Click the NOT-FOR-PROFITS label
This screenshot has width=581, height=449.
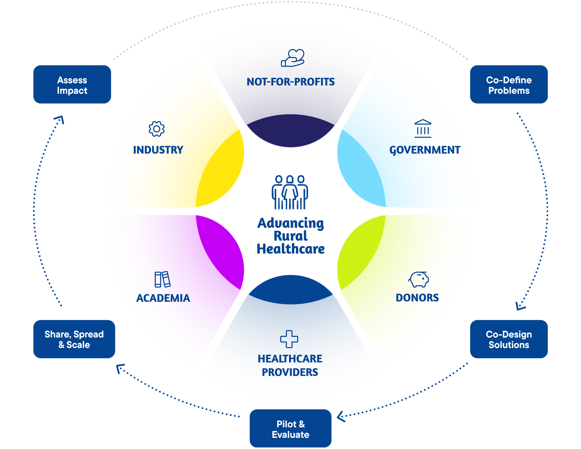(x=290, y=82)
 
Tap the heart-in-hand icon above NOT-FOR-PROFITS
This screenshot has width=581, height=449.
(x=293, y=58)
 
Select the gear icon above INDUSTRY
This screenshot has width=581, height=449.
(x=157, y=129)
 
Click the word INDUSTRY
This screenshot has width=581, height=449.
(x=158, y=150)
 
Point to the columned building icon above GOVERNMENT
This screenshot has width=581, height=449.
(x=423, y=128)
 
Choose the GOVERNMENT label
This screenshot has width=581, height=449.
(x=425, y=150)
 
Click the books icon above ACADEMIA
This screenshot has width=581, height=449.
(x=162, y=279)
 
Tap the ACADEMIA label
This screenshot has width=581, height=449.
(x=163, y=298)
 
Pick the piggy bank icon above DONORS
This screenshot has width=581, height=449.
(x=419, y=279)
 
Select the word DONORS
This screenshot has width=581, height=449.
(x=417, y=298)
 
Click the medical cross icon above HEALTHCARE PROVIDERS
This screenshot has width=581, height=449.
(x=289, y=339)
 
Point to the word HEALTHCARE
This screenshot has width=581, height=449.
(x=290, y=359)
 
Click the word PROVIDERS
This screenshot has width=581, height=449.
(x=290, y=372)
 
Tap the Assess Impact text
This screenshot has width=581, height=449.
(x=72, y=85)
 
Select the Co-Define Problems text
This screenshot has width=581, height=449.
(x=509, y=85)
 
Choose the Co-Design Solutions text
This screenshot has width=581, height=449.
(x=509, y=340)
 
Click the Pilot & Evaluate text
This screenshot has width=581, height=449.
(x=290, y=429)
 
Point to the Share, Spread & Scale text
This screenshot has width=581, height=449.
(x=74, y=340)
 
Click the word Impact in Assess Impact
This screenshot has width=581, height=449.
(x=72, y=91)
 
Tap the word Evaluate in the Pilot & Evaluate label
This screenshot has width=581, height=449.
(x=290, y=435)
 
